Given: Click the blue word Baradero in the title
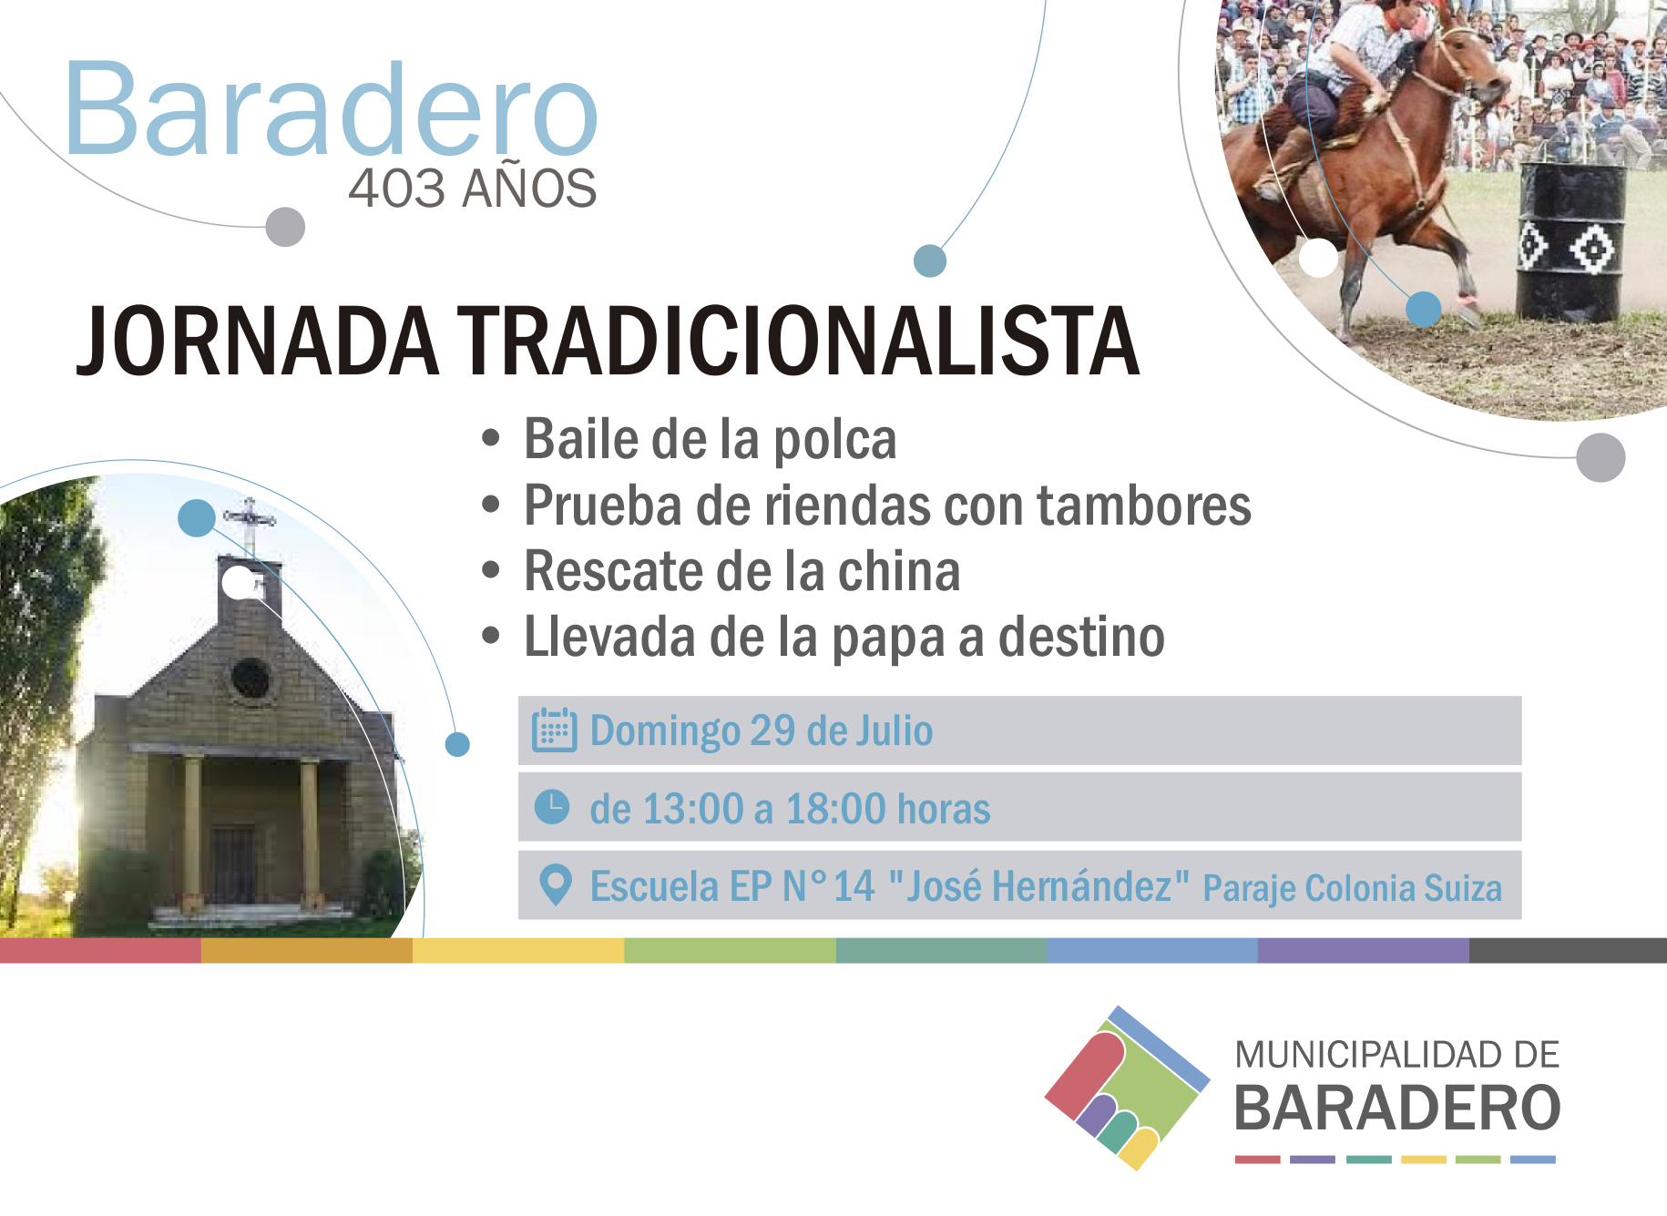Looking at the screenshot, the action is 332,108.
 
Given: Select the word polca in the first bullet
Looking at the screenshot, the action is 834,441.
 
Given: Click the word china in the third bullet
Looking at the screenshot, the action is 899,571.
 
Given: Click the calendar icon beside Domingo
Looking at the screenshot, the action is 554,731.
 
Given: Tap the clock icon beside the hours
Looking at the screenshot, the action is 552,807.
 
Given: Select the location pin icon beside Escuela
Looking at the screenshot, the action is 555,884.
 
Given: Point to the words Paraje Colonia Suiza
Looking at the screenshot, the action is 1352,888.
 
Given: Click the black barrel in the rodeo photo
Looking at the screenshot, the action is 1570,241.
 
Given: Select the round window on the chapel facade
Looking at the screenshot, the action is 251,679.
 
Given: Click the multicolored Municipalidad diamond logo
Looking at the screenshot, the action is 1128,1088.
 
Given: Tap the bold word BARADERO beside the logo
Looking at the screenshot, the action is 1397,1109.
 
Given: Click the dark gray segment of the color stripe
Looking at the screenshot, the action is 1568,951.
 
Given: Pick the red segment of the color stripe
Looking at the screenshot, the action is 100,951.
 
